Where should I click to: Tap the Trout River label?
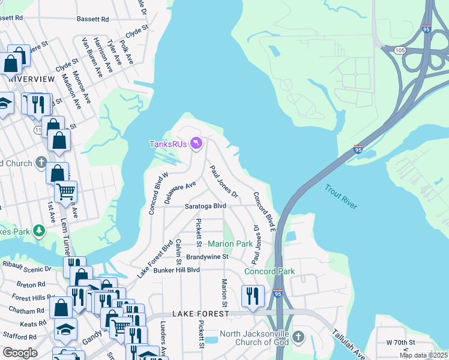point(341,197)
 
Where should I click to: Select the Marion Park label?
point(231,244)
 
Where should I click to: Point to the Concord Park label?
point(270,271)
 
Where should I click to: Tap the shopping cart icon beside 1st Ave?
point(65,192)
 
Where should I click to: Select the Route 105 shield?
point(400,51)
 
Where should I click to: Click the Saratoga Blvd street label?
point(205,206)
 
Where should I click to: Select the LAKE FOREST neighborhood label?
point(200,314)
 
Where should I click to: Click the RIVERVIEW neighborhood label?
point(31,79)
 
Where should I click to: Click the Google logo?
point(20,353)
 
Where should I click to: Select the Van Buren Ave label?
point(91,57)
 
